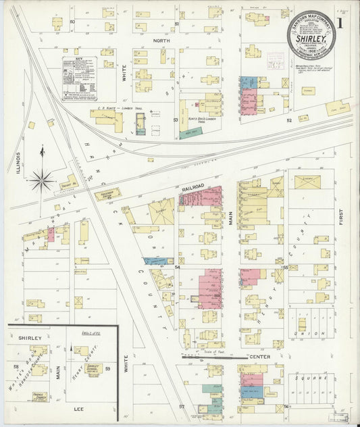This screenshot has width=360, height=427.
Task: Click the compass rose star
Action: [x=41, y=179]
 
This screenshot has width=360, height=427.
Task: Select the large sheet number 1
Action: [x=345, y=22]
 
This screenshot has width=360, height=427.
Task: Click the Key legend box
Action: [x=79, y=78]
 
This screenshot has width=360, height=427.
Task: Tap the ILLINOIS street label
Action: [x=18, y=161]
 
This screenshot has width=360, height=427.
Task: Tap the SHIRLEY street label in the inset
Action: [x=30, y=338]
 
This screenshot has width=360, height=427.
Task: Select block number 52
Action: [x=288, y=120]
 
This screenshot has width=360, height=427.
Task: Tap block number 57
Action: [x=182, y=406]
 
